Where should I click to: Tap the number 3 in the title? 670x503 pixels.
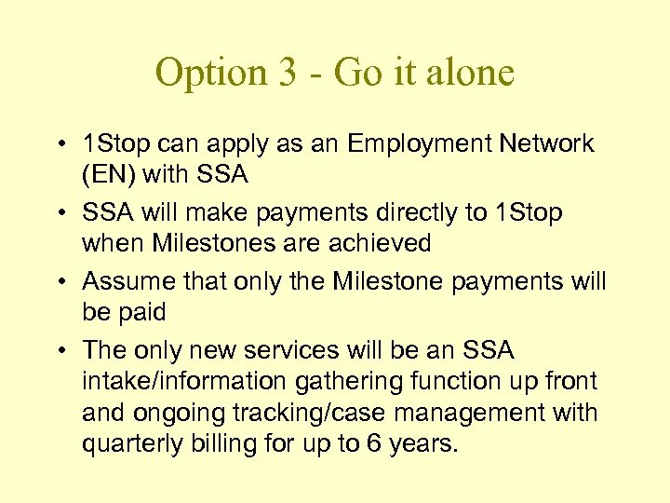tap(285, 74)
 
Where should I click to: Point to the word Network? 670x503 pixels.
tap(546, 144)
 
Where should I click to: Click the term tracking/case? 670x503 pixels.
tap(312, 413)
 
